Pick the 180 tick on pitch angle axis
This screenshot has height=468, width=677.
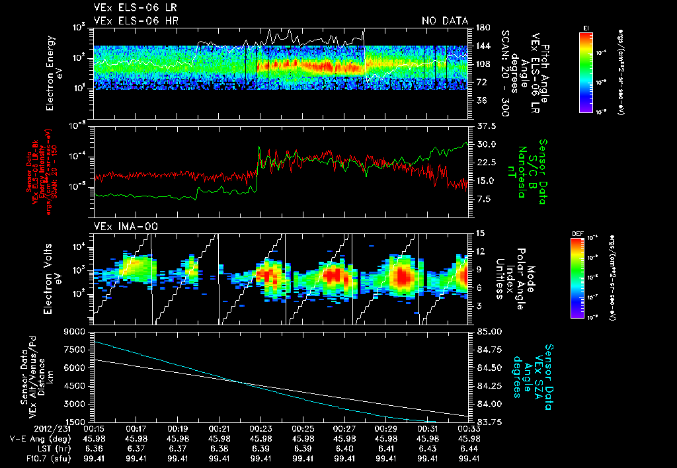(x=481, y=28)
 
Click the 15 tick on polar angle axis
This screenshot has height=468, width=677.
(x=480, y=233)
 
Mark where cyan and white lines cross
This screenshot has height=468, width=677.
(x=239, y=381)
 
